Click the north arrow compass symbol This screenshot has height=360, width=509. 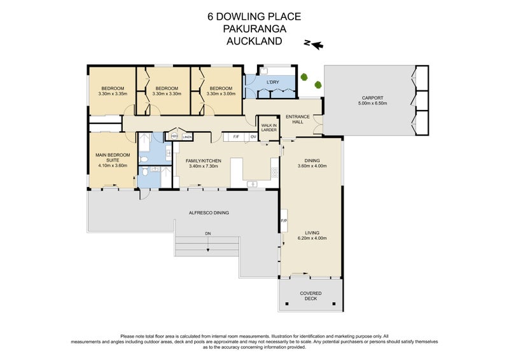313,44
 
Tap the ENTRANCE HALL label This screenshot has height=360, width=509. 297,120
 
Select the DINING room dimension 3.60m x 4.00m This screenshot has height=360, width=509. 312,166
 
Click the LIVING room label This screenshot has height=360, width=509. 312,233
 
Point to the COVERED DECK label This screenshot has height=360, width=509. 312,296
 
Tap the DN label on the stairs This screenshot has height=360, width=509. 207,234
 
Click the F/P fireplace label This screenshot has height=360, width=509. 284,221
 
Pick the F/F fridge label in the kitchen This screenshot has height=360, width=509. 235,137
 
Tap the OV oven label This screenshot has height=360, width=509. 253,137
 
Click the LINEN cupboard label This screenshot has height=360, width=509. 187,137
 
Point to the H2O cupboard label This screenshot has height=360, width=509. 174,136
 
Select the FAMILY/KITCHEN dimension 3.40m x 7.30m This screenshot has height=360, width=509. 203,166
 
